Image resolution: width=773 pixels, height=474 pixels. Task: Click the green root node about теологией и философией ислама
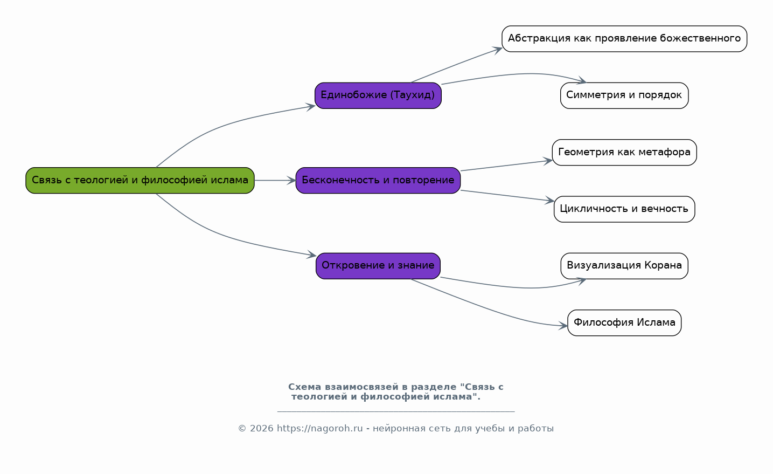[x=140, y=180]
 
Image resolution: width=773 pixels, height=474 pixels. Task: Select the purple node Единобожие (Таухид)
[x=378, y=95]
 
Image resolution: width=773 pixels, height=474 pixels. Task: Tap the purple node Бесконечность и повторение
[x=378, y=180]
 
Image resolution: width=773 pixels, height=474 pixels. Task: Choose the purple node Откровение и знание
[x=378, y=266]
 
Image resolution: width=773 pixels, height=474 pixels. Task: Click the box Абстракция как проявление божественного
[x=624, y=39]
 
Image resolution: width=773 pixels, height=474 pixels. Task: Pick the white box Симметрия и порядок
[x=624, y=95]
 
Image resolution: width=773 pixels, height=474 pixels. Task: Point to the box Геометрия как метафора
[x=624, y=153]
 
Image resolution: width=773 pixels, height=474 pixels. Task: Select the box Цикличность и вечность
[x=624, y=209]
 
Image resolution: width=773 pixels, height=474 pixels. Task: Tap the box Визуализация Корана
[x=624, y=266]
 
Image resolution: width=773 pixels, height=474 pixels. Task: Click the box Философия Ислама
[x=624, y=322]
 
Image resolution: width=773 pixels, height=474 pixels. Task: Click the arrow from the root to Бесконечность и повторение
[x=275, y=180]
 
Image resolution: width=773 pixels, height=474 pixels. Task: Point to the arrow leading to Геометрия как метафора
[x=506, y=166]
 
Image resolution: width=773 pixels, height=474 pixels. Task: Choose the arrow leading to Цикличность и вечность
[x=507, y=196]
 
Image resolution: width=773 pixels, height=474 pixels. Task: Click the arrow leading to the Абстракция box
[x=456, y=65]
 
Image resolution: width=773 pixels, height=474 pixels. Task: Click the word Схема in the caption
[x=304, y=387]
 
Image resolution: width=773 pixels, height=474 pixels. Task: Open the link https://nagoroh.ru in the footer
[x=319, y=428]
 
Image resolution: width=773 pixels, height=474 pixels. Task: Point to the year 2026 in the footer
[x=262, y=428]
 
